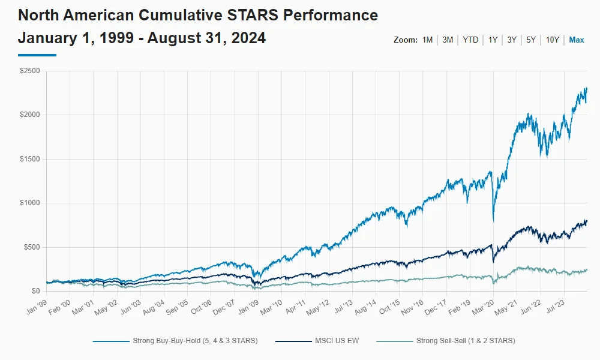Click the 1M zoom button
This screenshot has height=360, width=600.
point(427,40)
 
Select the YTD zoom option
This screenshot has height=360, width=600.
point(470,40)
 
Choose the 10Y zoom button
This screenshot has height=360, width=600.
point(552,40)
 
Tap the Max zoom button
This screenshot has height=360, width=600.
point(577,40)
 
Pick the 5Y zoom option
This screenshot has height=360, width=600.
point(531,40)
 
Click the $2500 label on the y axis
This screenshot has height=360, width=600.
point(30,71)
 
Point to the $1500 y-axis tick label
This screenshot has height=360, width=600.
point(30,159)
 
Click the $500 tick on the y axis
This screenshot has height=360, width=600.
point(32,247)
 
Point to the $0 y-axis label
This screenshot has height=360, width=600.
point(35,291)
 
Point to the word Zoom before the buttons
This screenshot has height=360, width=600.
point(405,40)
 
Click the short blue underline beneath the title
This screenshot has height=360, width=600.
point(37,55)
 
